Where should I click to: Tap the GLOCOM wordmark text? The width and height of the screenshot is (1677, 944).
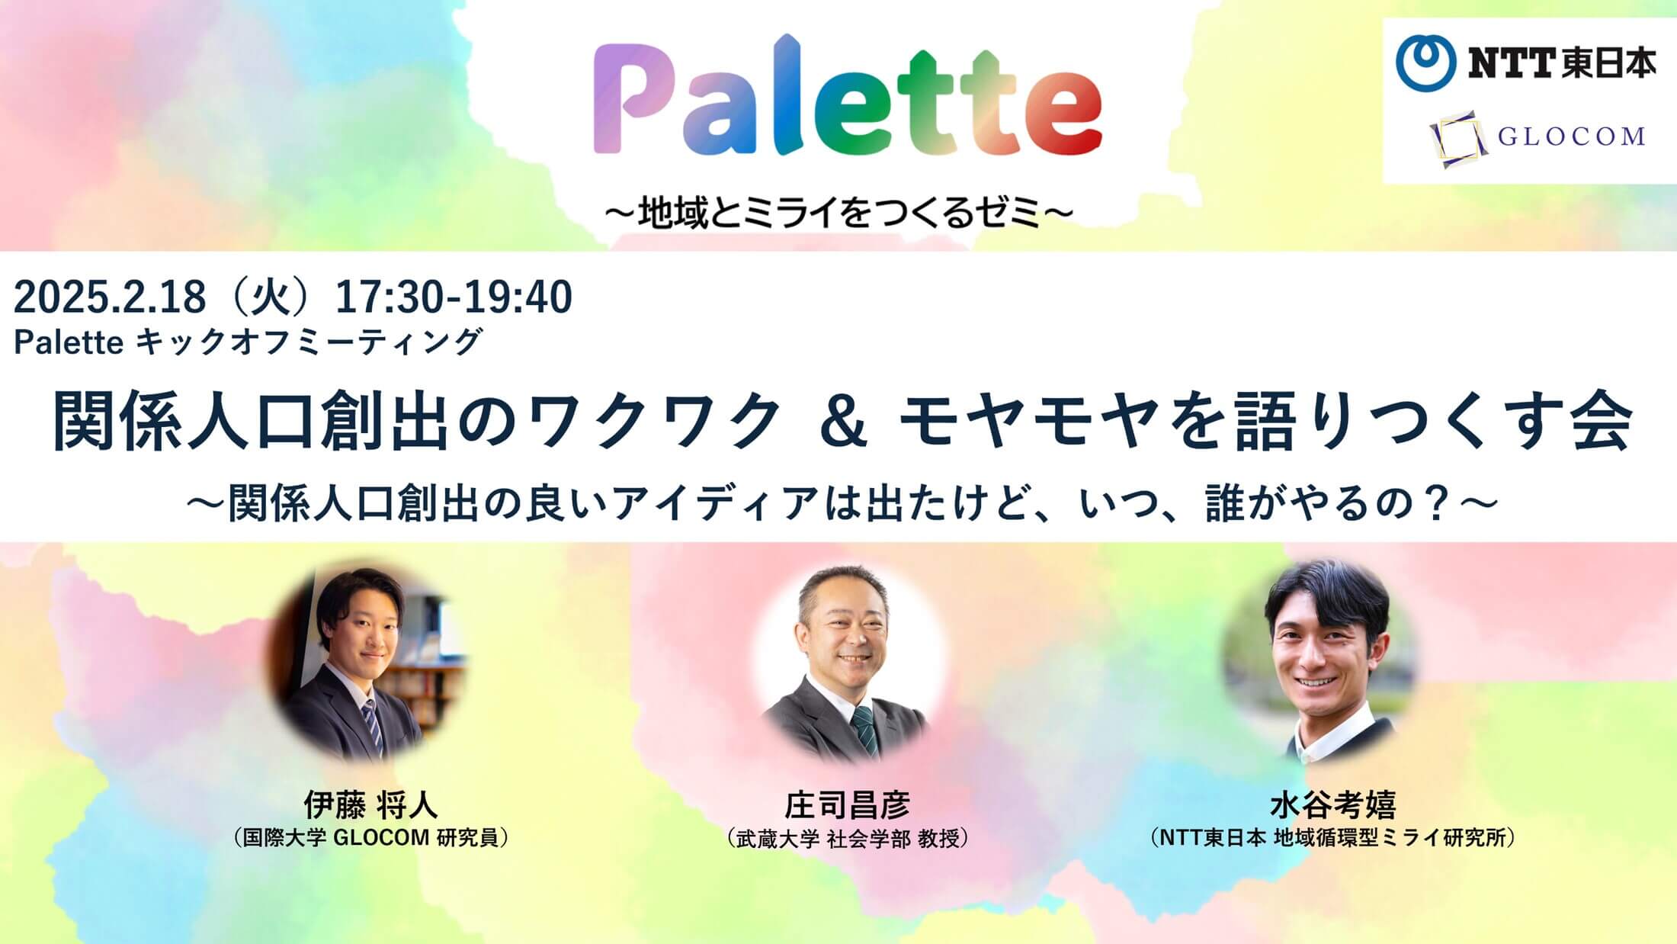click(1571, 137)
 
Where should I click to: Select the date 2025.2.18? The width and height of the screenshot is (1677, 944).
click(110, 297)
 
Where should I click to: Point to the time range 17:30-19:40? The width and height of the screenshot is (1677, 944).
click(454, 297)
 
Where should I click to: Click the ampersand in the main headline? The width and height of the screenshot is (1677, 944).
click(844, 422)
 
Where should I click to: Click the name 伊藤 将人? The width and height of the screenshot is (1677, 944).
click(370, 804)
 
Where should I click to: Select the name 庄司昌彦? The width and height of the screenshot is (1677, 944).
click(847, 805)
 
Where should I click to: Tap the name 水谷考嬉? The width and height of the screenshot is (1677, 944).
click(1332, 805)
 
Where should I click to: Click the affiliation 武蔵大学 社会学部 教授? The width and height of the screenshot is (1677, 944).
click(847, 839)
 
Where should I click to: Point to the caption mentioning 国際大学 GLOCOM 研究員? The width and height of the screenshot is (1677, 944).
click(370, 838)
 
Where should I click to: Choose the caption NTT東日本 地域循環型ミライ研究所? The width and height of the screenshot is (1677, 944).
click(1332, 838)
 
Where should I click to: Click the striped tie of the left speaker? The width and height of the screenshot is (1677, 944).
click(372, 729)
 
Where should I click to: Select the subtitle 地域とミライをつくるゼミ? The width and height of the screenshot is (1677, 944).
click(839, 214)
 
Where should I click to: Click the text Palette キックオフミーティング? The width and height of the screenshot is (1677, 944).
click(249, 342)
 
